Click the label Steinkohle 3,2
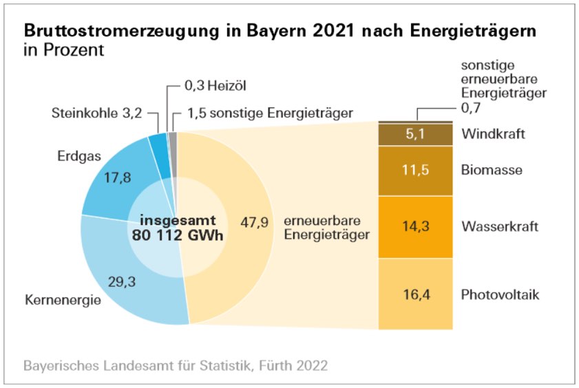point(97,114)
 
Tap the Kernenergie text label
point(63,301)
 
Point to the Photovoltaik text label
point(501,295)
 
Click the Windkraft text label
point(493,133)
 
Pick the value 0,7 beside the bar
point(470,109)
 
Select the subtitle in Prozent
point(64,51)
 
